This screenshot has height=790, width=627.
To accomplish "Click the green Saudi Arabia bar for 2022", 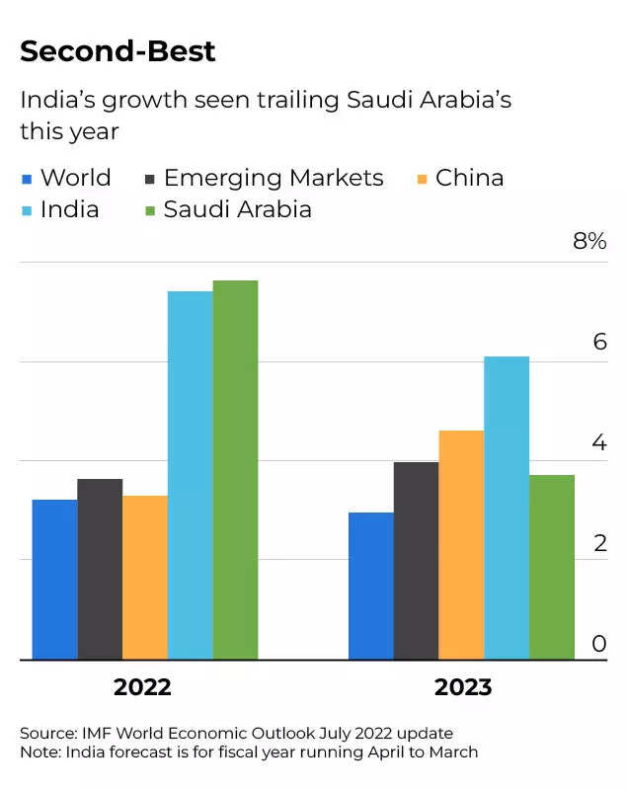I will (x=235, y=470).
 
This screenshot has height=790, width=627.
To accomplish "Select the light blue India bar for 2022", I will (x=190, y=475).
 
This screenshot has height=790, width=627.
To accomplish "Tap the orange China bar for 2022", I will (x=145, y=578).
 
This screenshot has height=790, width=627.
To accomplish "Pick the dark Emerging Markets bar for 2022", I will (x=100, y=569).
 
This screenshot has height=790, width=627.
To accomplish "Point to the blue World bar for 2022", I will (x=54, y=580).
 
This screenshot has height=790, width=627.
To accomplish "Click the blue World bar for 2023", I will (x=370, y=586).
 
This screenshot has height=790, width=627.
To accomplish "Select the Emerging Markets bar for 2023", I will (x=416, y=561).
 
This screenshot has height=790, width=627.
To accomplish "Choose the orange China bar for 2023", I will (x=461, y=545).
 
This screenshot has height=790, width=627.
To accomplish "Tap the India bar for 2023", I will (x=507, y=508).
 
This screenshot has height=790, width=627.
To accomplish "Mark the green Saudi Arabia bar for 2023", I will (x=552, y=567).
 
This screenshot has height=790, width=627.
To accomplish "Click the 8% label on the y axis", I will (x=589, y=241).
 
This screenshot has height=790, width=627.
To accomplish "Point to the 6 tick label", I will (x=598, y=343).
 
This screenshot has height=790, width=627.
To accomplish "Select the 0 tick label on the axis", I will (x=598, y=644).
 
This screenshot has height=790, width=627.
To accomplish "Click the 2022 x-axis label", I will (x=142, y=687).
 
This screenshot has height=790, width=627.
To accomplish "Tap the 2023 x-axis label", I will (x=463, y=687).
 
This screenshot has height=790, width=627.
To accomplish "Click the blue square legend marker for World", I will (x=27, y=180).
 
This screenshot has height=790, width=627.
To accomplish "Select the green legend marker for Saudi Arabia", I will (x=150, y=210).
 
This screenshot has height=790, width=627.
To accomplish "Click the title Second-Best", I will (x=118, y=51).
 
